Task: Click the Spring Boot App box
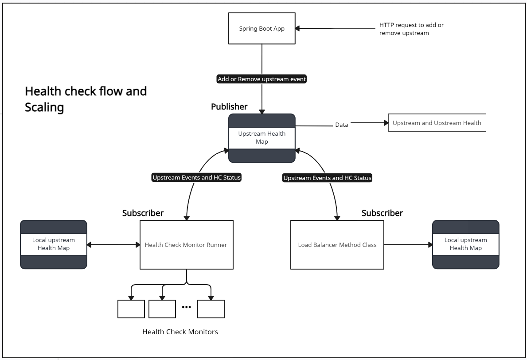tap(262, 28)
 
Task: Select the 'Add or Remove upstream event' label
tap(262, 79)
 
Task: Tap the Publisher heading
tap(229, 106)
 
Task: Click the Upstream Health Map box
tap(262, 137)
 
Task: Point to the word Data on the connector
tap(341, 125)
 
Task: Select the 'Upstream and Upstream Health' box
tap(437, 123)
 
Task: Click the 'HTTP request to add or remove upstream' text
tap(411, 29)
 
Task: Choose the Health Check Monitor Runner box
tap(186, 245)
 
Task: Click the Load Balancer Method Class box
tap(337, 245)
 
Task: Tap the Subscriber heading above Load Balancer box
tap(382, 213)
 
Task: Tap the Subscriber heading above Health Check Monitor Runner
tap(143, 213)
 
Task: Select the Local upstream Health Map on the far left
tap(54, 244)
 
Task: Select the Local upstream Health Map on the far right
tap(465, 244)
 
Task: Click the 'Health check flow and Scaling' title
tap(86, 99)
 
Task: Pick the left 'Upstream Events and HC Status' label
tap(196, 178)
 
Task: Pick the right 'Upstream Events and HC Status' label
tap(327, 178)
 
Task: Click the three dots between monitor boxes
tap(186, 307)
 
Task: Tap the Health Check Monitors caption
tap(180, 332)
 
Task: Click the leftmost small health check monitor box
tap(131, 309)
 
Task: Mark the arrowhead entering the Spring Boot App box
tap(298, 28)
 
